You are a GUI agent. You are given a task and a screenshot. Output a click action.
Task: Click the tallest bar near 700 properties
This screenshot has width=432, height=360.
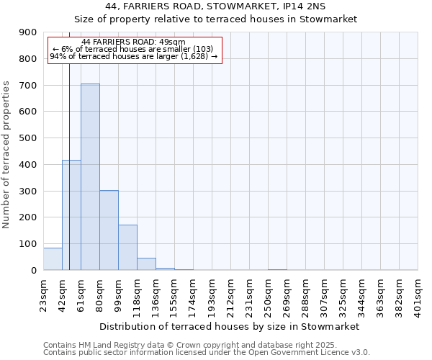coord(90,176)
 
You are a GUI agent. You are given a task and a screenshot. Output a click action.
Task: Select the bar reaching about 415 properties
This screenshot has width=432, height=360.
coord(71,215)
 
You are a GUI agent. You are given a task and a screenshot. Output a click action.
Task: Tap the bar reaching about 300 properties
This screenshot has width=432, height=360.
coord(109,230)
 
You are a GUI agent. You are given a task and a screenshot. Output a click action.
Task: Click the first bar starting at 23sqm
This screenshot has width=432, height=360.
coord(53,258)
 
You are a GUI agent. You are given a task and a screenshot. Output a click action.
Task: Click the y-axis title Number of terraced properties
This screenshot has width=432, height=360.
coord(6,155)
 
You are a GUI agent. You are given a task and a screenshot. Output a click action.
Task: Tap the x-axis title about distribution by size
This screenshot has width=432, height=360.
coord(229,326)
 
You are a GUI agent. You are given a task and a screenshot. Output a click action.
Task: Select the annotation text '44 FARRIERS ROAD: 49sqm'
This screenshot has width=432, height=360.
coord(133,42)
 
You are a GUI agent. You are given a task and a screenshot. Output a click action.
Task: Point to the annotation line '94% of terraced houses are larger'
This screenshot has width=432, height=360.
coord(133,56)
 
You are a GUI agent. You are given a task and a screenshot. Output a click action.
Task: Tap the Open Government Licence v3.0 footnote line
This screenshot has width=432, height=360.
coord(207,353)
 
